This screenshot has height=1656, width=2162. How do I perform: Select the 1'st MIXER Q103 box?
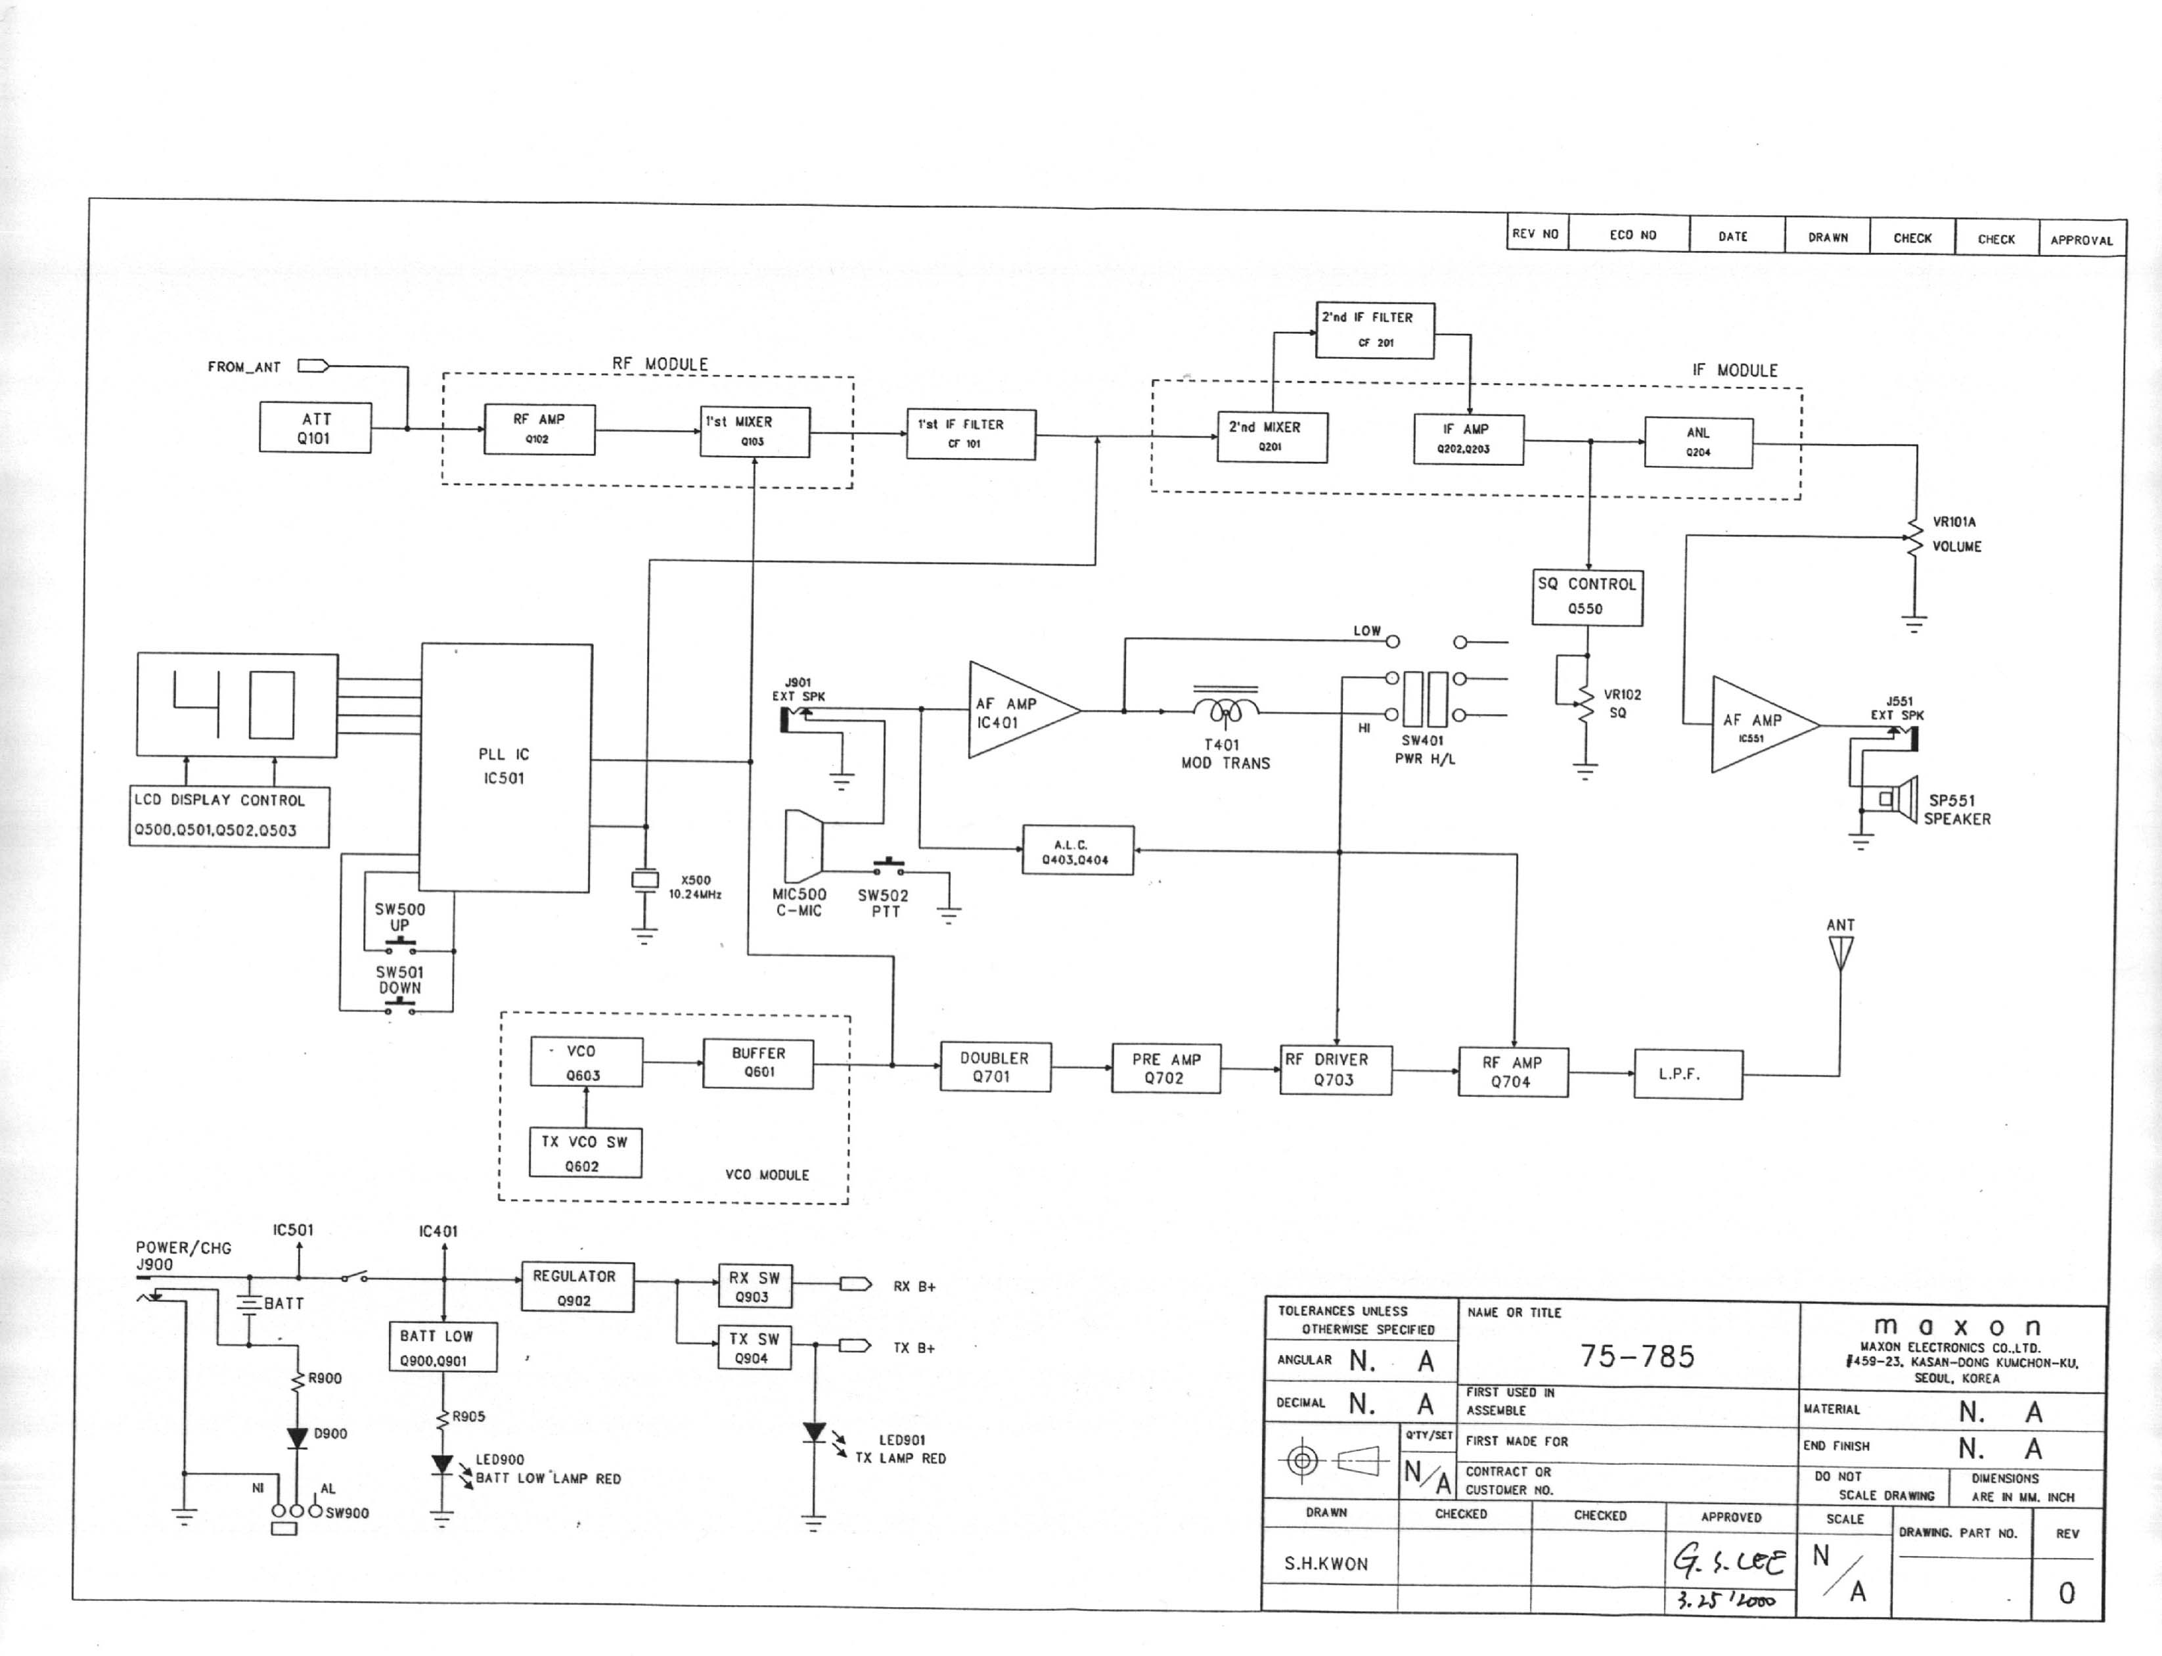755,432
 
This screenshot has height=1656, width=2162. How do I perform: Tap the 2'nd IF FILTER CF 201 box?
1374,330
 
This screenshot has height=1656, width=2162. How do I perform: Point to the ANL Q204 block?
1698,443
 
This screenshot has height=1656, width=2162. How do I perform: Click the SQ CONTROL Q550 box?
1587,597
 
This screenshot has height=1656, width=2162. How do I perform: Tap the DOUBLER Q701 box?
995,1067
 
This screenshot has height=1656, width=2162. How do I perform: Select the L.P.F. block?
1688,1074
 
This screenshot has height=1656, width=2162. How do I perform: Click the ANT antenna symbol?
1839,952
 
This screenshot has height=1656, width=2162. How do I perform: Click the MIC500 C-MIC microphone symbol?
803,846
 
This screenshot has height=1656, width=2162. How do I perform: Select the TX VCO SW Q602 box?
585,1153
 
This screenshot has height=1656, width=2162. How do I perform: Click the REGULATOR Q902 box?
577,1287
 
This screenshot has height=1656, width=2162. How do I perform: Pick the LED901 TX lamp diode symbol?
814,1433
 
